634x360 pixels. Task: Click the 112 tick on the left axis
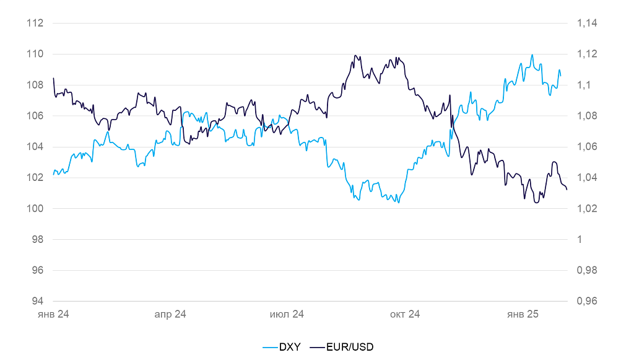tap(35, 24)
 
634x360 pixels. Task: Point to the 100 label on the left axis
tap(35, 209)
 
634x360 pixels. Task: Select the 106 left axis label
tap(35, 116)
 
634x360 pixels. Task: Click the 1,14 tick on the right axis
tap(586, 24)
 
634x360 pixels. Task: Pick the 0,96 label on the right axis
tap(586, 302)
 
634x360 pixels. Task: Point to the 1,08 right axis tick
tap(586, 116)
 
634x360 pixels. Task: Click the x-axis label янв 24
tap(53, 315)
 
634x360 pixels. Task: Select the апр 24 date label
tap(170, 315)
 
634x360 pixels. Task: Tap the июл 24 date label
tap(287, 315)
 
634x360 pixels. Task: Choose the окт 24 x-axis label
tap(405, 315)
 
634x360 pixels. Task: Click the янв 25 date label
tap(523, 315)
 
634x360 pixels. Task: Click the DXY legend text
tap(289, 347)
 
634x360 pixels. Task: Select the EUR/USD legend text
tap(349, 347)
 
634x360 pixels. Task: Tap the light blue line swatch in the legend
tap(269, 347)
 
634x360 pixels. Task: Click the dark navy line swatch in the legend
tap(316, 347)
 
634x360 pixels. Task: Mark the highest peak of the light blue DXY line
tap(532, 55)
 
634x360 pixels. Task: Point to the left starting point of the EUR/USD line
tap(53, 78)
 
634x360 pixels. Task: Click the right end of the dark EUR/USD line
tap(567, 190)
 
